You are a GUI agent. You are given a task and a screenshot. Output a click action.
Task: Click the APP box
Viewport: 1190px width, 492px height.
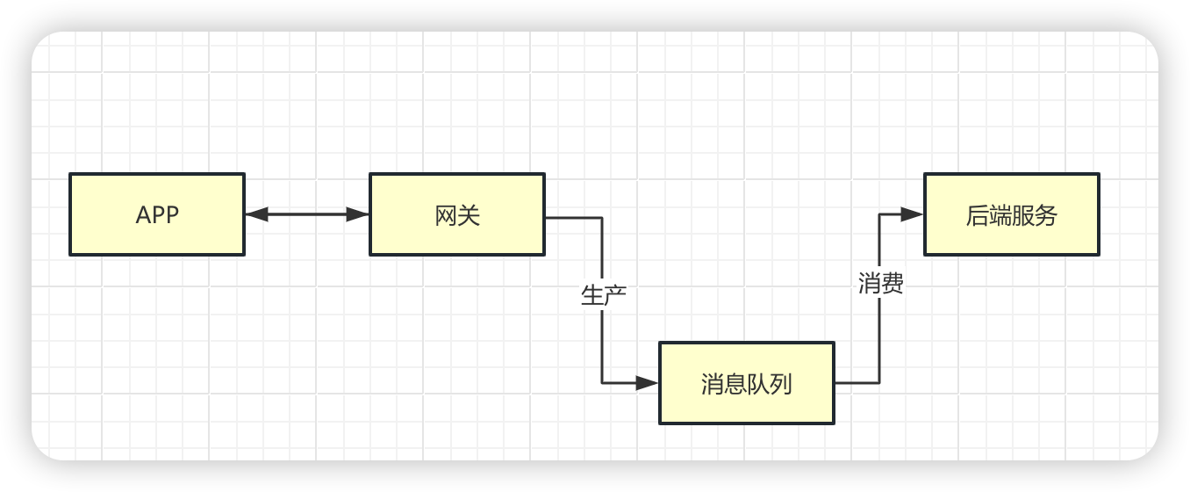click(157, 214)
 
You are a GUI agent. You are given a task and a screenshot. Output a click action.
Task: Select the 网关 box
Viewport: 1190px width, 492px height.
click(457, 214)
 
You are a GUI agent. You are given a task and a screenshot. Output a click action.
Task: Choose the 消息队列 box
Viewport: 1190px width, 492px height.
click(747, 383)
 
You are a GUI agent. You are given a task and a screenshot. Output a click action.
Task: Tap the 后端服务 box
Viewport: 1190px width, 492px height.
click(1011, 214)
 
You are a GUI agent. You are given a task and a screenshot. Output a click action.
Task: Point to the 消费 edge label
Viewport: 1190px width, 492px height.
click(880, 284)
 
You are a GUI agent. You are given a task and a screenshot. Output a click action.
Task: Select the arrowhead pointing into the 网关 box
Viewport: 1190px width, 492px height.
click(358, 214)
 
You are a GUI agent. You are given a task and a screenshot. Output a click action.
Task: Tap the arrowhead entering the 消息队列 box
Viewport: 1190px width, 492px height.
click(647, 383)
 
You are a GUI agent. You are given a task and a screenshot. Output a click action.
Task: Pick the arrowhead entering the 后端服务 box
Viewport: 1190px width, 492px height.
click(912, 214)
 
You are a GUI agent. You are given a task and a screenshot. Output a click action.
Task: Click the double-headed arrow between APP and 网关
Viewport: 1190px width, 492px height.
click(307, 214)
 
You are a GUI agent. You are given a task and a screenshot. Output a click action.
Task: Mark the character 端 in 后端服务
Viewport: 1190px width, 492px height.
click(1000, 215)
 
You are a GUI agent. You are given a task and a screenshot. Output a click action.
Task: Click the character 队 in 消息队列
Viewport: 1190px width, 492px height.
click(758, 384)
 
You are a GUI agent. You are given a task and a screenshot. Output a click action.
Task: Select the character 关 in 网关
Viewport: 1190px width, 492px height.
click(470, 215)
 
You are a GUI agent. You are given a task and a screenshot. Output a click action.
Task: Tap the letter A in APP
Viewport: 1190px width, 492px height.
click(143, 215)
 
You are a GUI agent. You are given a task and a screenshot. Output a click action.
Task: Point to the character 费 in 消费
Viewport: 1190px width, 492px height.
click(892, 284)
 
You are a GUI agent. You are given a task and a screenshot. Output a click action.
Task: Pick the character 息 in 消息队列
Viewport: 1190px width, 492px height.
click(735, 384)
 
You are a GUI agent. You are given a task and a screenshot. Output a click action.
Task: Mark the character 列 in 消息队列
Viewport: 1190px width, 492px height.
click(782, 384)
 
